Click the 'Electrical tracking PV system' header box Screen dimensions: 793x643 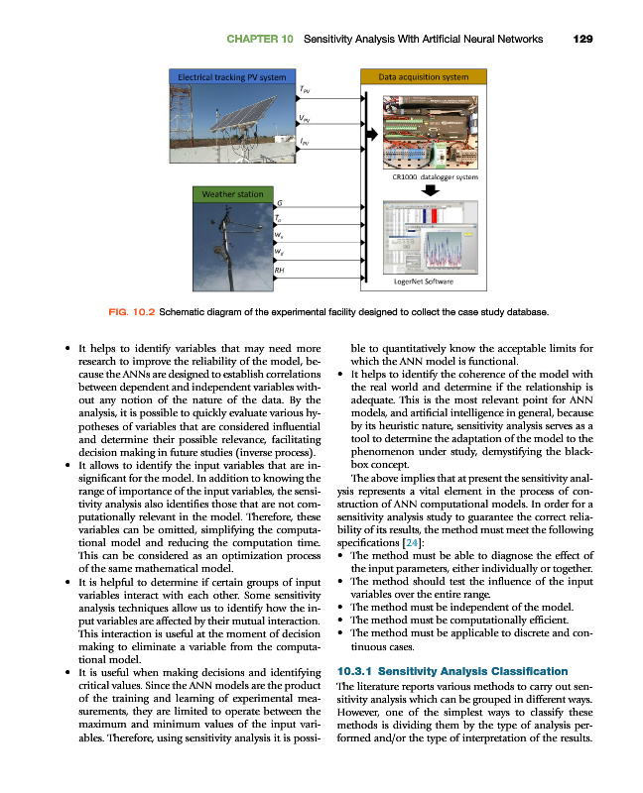231,76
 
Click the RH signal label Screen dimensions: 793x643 281,270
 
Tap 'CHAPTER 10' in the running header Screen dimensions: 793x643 259,40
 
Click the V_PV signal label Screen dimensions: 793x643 304,120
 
